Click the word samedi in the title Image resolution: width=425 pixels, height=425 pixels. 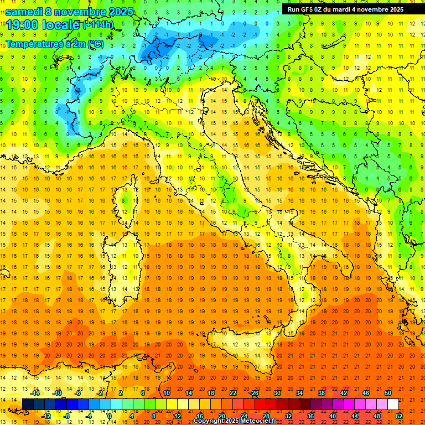24,12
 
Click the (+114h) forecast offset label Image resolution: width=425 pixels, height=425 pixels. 98,25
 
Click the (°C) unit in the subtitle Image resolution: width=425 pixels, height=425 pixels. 95,44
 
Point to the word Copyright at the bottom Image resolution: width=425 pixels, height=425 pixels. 208,421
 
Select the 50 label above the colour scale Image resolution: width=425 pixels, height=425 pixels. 388,393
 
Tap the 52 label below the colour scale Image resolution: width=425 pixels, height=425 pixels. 398,416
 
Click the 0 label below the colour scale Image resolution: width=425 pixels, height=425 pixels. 110,416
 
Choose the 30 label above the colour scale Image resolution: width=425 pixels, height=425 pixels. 277,393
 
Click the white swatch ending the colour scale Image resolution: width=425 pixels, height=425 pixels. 393,404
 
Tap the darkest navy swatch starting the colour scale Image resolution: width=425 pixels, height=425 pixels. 28,404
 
